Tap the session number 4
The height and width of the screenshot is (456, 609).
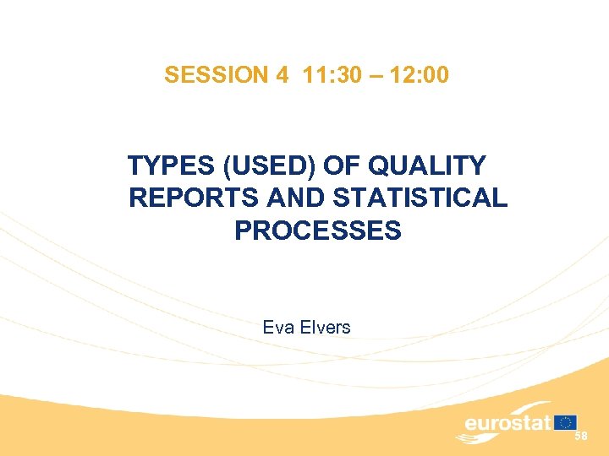[x=282, y=75]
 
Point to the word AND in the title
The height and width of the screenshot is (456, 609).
[x=295, y=198]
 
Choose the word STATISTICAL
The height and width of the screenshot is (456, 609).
[x=420, y=198]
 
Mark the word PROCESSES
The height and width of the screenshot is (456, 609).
[x=318, y=230]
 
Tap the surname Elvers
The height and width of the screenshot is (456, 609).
[x=324, y=327]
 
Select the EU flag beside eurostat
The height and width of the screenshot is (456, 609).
[x=566, y=422]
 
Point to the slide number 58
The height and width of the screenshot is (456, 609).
[x=580, y=436]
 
